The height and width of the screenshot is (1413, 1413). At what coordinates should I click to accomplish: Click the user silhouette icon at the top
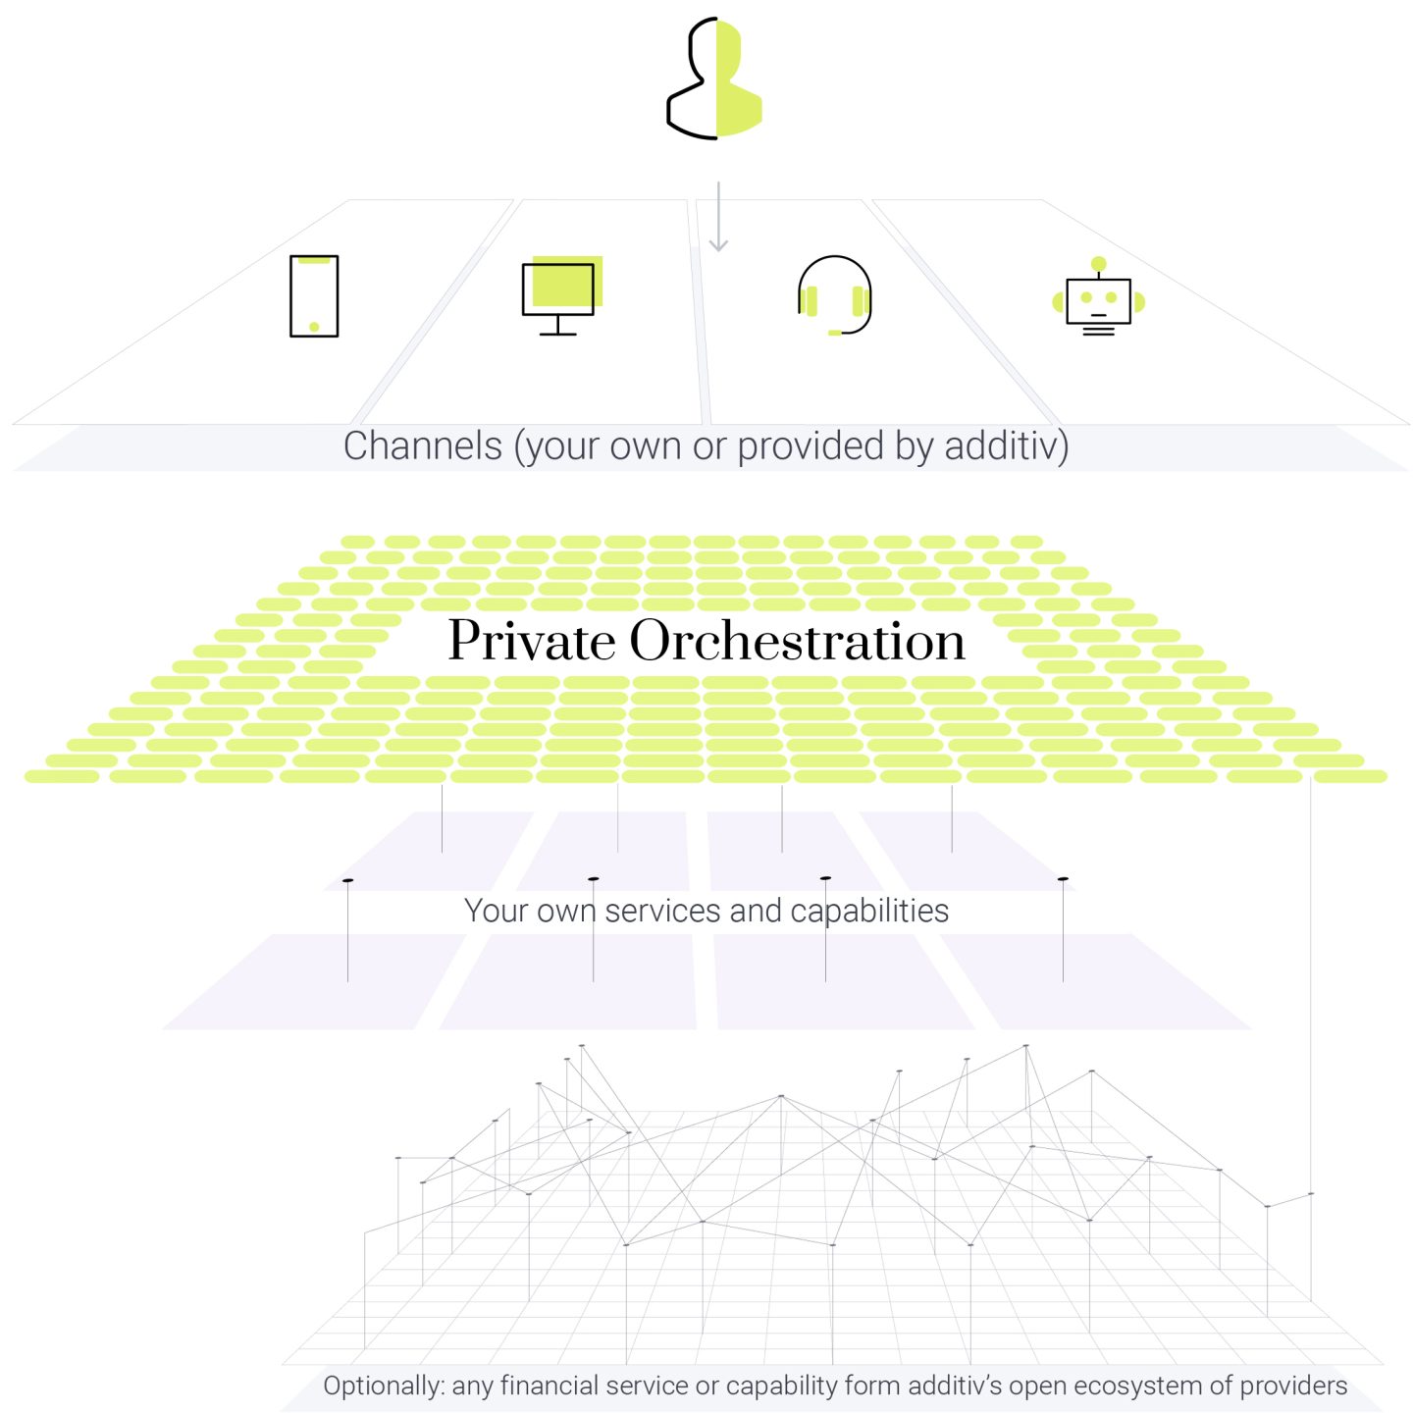[713, 78]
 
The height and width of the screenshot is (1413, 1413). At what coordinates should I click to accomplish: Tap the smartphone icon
[314, 295]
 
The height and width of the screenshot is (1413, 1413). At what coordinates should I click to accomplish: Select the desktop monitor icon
[561, 294]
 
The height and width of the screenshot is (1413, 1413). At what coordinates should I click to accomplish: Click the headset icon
[834, 294]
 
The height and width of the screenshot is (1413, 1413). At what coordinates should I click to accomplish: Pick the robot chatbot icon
[1098, 296]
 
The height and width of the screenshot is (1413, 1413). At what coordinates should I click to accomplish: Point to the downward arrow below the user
[718, 216]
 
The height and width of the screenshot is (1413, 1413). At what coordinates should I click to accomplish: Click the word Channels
[422, 445]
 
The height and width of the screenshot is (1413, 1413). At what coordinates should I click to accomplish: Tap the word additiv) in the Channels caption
[1006, 445]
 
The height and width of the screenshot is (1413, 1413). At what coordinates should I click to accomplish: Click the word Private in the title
[532, 640]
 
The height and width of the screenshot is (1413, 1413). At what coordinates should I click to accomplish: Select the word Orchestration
[797, 640]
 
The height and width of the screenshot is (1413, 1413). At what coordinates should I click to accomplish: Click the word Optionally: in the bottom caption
[384, 1386]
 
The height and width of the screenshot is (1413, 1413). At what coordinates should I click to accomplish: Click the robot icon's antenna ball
[1098, 264]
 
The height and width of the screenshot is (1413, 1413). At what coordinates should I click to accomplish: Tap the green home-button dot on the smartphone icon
[314, 327]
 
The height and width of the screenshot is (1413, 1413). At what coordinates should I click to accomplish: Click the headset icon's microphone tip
[834, 333]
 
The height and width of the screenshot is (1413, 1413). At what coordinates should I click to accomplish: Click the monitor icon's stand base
[558, 335]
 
